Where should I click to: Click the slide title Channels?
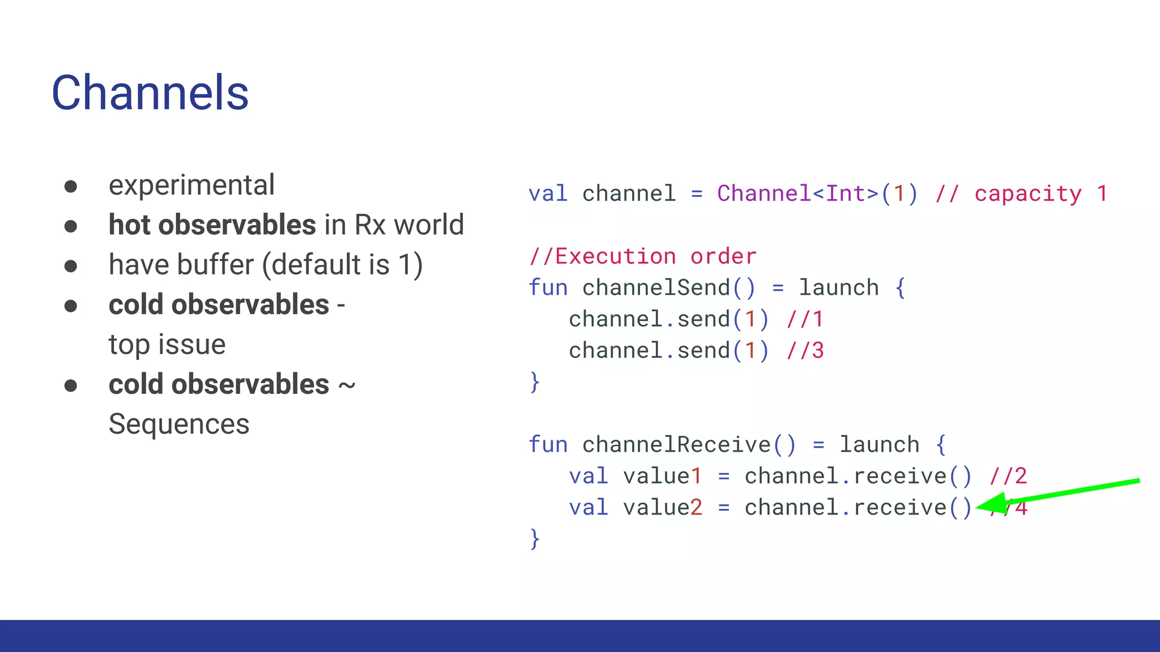tap(150, 93)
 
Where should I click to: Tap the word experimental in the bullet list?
tap(191, 185)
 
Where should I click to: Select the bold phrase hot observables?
tap(212, 225)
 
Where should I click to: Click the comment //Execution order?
tap(642, 256)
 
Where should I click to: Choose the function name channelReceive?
tap(676, 445)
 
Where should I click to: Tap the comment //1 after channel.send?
tap(805, 319)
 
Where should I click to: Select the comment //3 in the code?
tap(805, 351)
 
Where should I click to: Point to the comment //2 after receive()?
tap(1008, 476)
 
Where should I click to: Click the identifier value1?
tap(662, 476)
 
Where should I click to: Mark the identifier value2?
tap(662, 508)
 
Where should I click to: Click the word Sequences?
tap(179, 424)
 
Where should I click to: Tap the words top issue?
tap(167, 344)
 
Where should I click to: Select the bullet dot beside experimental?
tap(71, 186)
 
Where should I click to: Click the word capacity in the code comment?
tap(1027, 194)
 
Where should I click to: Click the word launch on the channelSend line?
tap(838, 288)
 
